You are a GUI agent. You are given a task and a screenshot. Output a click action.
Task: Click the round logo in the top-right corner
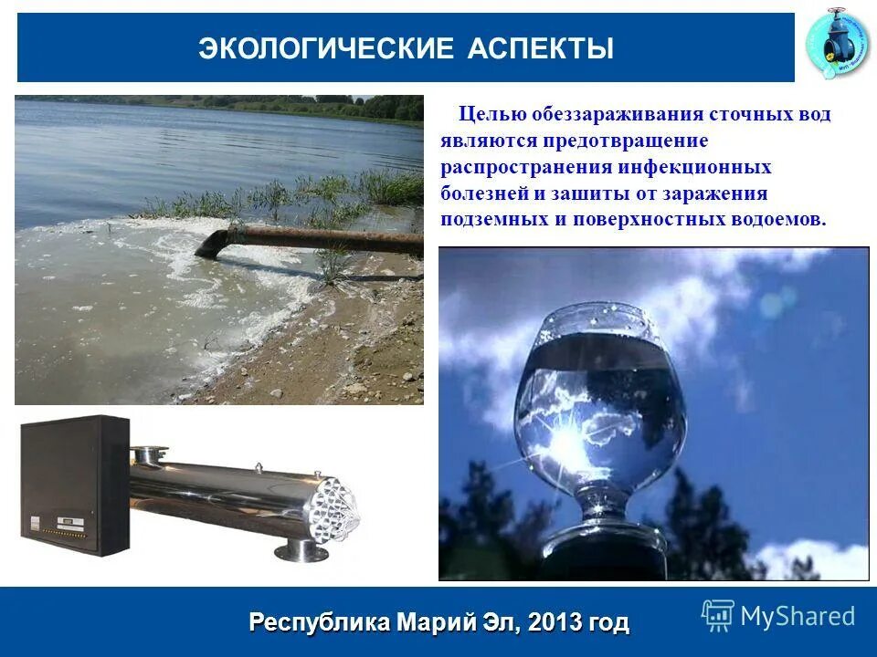838,46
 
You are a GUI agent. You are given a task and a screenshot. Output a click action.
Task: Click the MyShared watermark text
798,616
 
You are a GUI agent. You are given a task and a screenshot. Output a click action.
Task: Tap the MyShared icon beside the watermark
717,616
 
